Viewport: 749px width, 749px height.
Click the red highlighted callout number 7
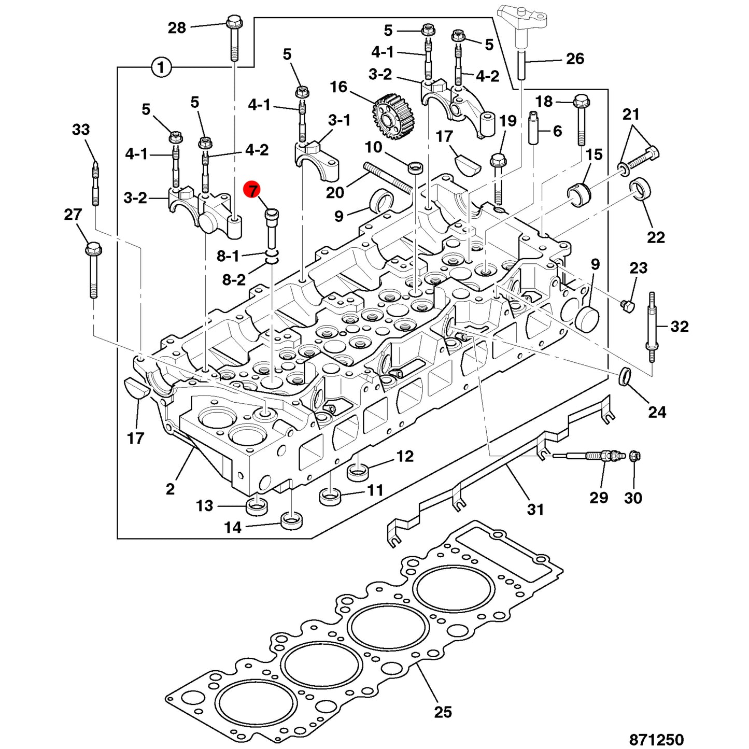[253, 190]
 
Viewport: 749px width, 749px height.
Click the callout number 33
[81, 130]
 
